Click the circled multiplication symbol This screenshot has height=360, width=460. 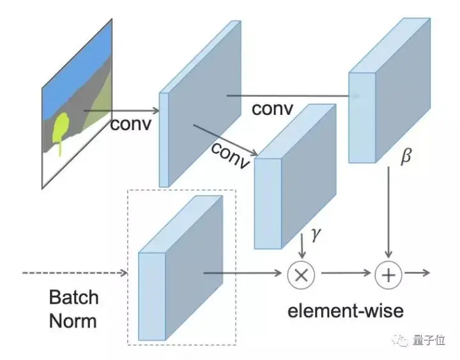[x=301, y=275]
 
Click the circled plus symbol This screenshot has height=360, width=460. [x=388, y=275]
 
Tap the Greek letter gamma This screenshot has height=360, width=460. [x=316, y=234]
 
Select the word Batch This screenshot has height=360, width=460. [x=73, y=297]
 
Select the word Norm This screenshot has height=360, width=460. [x=73, y=320]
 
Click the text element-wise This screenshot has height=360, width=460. [x=346, y=311]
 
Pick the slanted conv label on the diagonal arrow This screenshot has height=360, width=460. [x=231, y=155]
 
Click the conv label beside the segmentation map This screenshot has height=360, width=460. [x=131, y=124]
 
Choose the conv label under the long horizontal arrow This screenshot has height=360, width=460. [x=272, y=109]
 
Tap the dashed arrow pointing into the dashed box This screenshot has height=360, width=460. [x=75, y=273]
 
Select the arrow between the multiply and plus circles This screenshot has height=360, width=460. [x=346, y=273]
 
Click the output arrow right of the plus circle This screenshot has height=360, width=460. [x=417, y=273]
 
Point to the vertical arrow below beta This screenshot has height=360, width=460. [x=388, y=213]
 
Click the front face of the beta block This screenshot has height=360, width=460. [x=362, y=118]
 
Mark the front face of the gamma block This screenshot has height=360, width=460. [x=268, y=204]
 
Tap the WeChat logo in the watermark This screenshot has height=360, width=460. [x=401, y=340]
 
